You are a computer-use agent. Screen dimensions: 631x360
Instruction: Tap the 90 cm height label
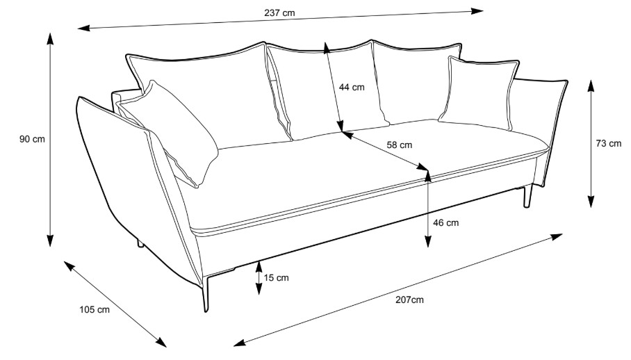coord(32,139)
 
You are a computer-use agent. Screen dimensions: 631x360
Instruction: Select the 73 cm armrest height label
coord(609,144)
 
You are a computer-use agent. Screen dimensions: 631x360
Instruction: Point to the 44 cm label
coord(352,88)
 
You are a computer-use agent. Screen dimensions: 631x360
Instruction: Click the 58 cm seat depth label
coord(399,145)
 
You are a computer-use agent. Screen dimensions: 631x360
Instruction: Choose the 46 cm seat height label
coord(446,223)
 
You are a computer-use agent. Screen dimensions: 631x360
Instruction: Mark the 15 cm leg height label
coord(277,278)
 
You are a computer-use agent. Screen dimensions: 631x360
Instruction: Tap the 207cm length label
coord(409,300)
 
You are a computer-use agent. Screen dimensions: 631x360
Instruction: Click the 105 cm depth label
coord(95,310)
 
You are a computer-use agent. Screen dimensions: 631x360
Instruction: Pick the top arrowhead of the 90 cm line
coord(51,35)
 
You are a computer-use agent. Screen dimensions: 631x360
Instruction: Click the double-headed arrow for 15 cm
coord(259,277)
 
